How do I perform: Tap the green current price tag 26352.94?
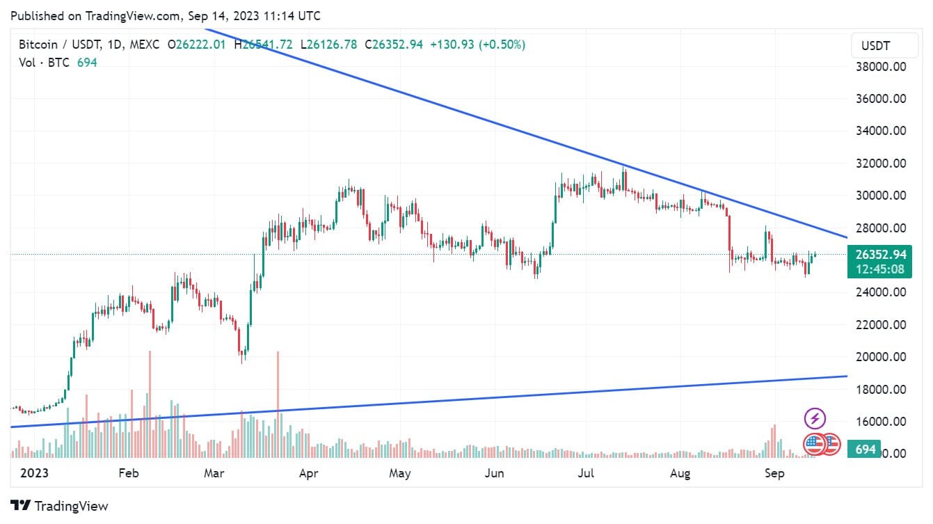click(879, 255)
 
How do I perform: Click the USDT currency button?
click(879, 47)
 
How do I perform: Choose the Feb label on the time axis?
click(129, 474)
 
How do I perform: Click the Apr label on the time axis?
click(308, 474)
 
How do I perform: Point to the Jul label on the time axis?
click(587, 474)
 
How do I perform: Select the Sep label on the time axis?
click(774, 474)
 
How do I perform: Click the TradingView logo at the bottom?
click(60, 506)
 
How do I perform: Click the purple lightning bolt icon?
click(815, 419)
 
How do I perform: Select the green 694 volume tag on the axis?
click(865, 450)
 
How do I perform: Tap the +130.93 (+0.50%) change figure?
click(477, 45)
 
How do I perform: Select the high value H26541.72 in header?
click(264, 45)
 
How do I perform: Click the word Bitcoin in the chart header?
click(37, 45)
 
